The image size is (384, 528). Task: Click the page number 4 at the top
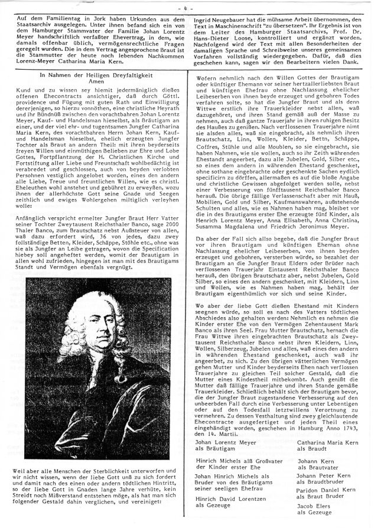[193, 8]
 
